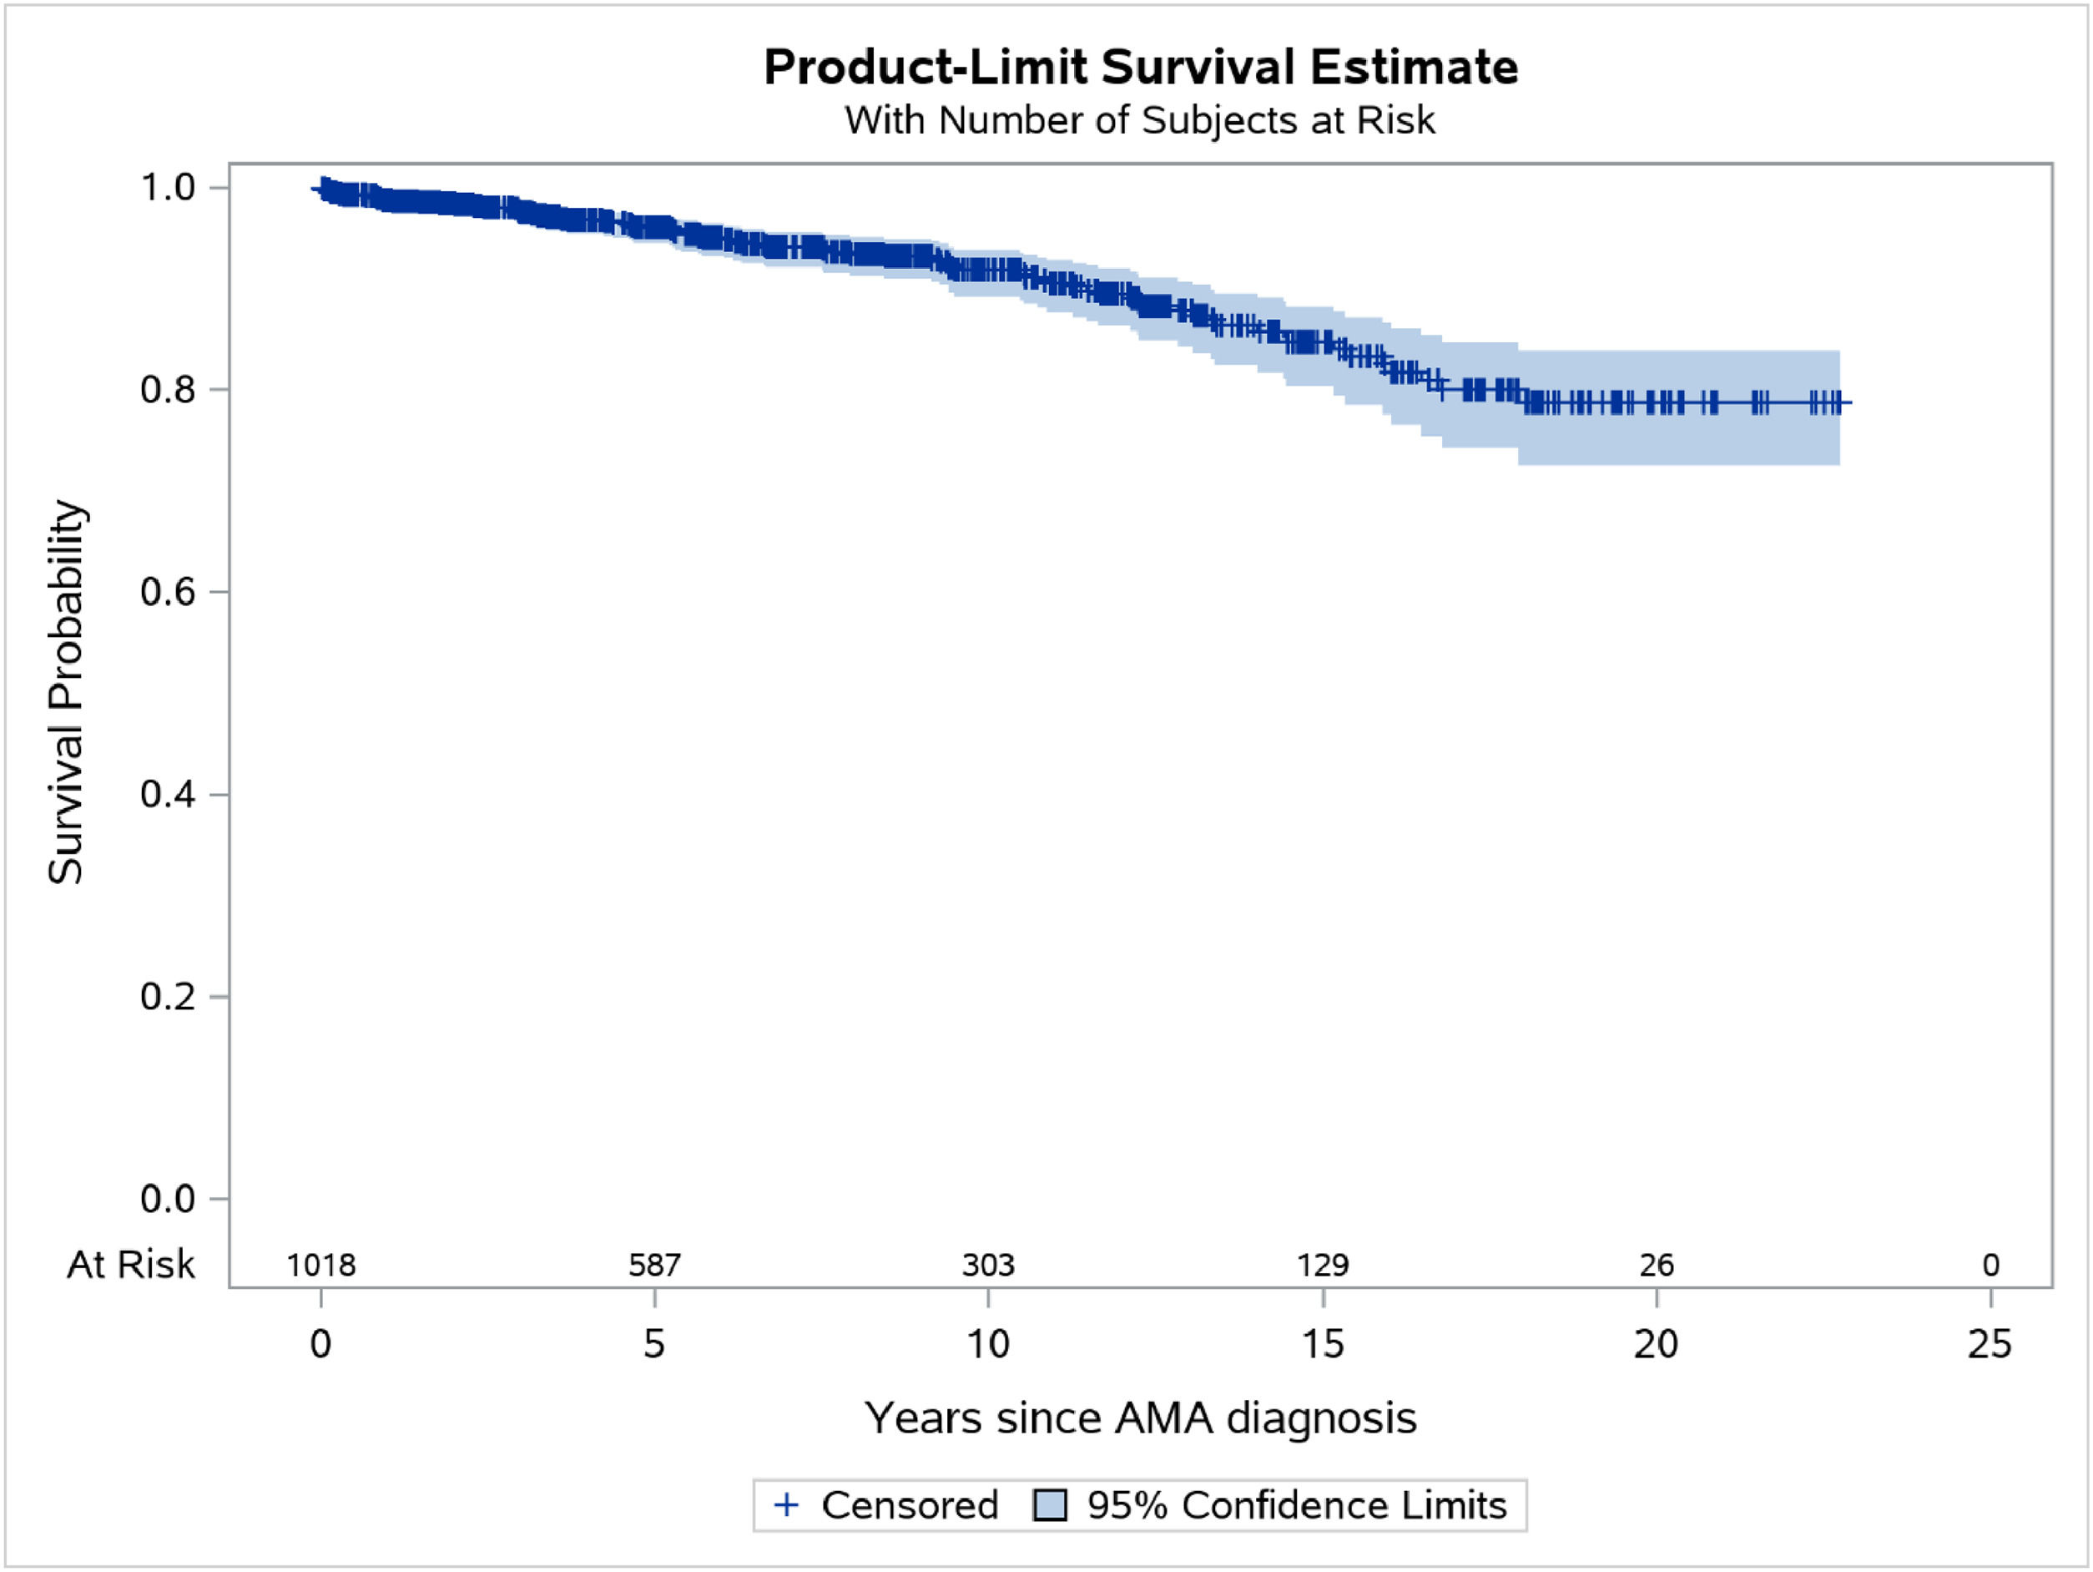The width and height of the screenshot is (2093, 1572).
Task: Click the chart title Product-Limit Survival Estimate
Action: [x=1140, y=67]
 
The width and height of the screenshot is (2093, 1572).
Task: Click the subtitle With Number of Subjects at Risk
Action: [x=1140, y=120]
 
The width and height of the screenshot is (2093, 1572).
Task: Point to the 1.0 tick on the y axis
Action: [x=168, y=187]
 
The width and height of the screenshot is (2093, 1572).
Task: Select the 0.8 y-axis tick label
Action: [x=168, y=389]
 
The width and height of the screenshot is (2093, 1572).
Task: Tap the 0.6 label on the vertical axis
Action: [x=168, y=592]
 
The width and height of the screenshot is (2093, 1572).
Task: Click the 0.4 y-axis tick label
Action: [x=168, y=794]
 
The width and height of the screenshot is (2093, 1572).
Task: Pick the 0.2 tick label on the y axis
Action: [x=168, y=997]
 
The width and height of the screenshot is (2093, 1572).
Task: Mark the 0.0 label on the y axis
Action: [x=168, y=1199]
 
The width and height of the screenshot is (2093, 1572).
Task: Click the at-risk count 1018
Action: [x=320, y=1266]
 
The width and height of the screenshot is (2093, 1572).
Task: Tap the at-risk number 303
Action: [x=988, y=1266]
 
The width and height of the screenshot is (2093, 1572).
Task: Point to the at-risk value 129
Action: [x=1322, y=1266]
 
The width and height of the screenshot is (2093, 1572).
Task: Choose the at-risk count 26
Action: [x=1656, y=1266]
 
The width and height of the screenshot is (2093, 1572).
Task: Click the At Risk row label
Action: [x=130, y=1265]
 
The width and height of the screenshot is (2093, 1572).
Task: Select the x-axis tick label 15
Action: [x=1322, y=1344]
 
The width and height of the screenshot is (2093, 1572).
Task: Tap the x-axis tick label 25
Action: [x=1989, y=1344]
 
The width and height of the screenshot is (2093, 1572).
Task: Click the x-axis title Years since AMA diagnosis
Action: [x=1140, y=1418]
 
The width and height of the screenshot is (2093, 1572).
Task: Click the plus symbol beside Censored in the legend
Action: [x=786, y=1505]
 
